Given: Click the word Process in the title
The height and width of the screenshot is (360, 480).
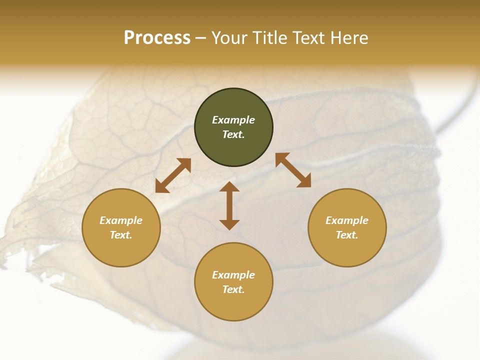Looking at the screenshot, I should (157, 38).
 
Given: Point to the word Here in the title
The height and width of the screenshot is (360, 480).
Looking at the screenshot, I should (348, 38).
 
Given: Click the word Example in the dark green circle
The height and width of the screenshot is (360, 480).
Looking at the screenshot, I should (233, 120).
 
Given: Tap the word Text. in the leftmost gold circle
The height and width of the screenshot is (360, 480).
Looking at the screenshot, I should (121, 235).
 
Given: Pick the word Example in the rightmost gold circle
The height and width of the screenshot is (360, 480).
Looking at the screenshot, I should (347, 220).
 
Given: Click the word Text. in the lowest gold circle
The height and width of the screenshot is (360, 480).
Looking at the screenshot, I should (233, 289).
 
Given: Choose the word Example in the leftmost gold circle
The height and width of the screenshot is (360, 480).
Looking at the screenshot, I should (121, 220).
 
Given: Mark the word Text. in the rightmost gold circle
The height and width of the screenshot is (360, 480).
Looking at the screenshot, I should (347, 235).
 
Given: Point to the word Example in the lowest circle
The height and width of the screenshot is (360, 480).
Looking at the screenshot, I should (233, 275).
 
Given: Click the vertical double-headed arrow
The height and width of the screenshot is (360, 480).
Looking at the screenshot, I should (229, 205).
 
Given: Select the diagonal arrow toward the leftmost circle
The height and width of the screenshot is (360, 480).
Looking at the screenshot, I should (173, 175).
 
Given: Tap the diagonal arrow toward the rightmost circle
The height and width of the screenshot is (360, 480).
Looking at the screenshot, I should (293, 170).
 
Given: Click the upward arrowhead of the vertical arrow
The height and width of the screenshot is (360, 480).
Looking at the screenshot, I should (229, 187).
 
